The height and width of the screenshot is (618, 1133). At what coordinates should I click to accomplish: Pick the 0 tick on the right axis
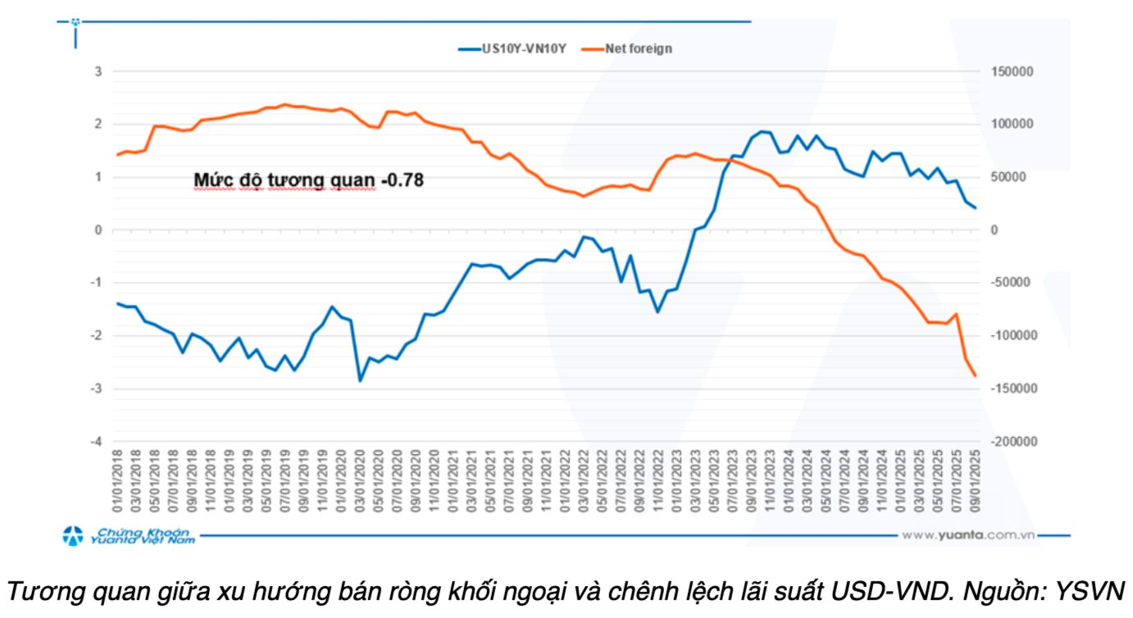click(995, 230)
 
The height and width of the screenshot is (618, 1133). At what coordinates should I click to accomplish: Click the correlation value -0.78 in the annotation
click(402, 179)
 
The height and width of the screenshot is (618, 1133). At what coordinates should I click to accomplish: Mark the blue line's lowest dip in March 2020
click(359, 380)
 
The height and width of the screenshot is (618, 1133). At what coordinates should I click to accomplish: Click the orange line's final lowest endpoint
click(975, 376)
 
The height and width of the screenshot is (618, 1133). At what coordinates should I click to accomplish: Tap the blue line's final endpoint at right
click(975, 208)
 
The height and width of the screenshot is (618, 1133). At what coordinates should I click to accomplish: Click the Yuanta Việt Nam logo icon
click(74, 536)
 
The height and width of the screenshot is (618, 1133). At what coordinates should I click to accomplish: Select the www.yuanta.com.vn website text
click(968, 535)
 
